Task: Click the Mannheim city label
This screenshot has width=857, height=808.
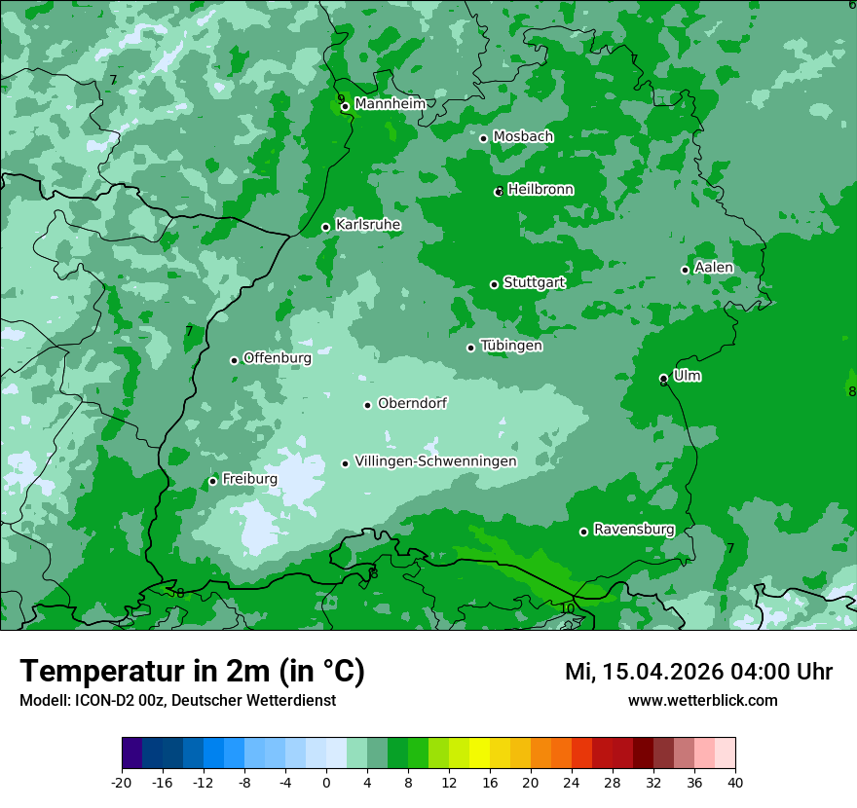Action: click(x=390, y=103)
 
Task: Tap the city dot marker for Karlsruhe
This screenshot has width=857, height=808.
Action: click(x=326, y=227)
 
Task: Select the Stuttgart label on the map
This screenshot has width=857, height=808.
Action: click(x=534, y=282)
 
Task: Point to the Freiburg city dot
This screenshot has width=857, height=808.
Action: click(x=212, y=481)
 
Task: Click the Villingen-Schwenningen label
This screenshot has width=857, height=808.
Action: click(x=435, y=461)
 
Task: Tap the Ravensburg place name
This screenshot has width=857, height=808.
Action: click(x=634, y=530)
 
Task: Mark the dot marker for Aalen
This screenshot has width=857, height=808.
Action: click(x=685, y=270)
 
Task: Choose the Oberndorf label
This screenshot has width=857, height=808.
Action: click(x=412, y=403)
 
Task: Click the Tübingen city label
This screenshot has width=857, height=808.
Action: click(x=511, y=346)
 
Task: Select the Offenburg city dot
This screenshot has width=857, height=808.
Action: click(x=234, y=360)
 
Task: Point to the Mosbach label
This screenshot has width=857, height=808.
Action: click(x=523, y=136)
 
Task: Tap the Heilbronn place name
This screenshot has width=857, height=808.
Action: click(x=540, y=189)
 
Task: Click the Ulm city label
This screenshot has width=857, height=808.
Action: click(x=687, y=376)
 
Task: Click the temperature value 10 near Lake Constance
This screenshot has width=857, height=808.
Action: click(x=567, y=608)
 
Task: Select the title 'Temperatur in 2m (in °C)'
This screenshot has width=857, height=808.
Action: click(x=192, y=672)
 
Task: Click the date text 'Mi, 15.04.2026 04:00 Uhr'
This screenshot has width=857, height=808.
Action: click(x=698, y=672)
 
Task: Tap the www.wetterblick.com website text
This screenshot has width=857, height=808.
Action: click(x=702, y=700)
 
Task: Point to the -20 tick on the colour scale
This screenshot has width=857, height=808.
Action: click(x=122, y=782)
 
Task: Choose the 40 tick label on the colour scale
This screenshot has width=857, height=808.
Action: click(x=734, y=782)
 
